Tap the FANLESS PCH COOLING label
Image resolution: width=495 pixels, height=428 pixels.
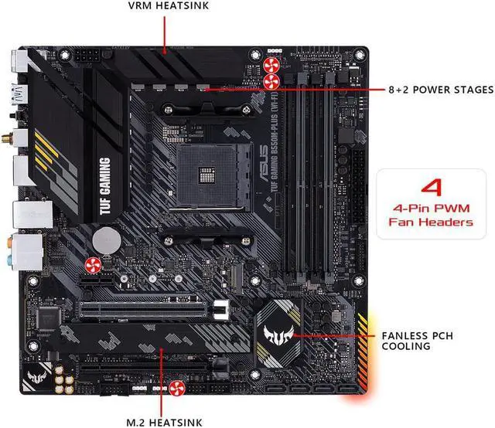(422, 341)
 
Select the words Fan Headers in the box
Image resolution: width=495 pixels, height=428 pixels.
(431, 222)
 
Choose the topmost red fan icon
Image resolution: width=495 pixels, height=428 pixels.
(271, 63)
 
